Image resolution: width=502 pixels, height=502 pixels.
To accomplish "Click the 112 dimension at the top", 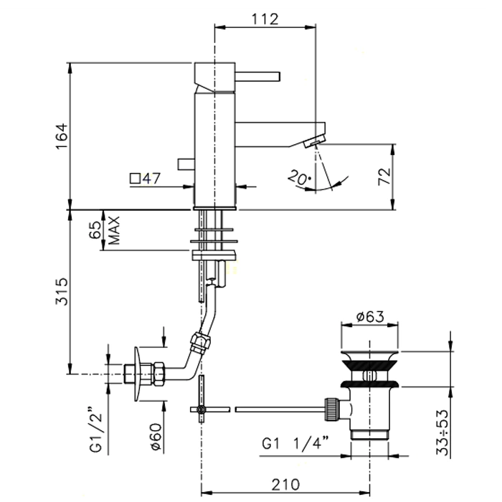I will pyautogui.click(x=265, y=19).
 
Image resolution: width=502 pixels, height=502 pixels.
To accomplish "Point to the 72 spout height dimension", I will pyautogui.click(x=383, y=176).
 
